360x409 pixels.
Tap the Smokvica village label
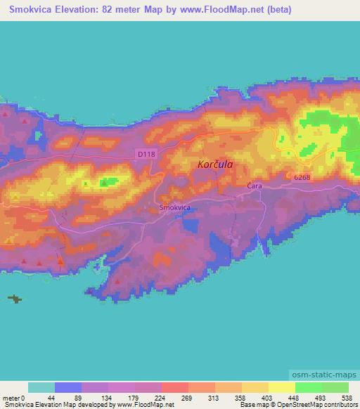point(176,208)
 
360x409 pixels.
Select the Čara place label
point(255,186)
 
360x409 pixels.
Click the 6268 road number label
point(302,176)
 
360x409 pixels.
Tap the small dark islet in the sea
point(15,299)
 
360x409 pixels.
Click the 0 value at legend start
point(26,398)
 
